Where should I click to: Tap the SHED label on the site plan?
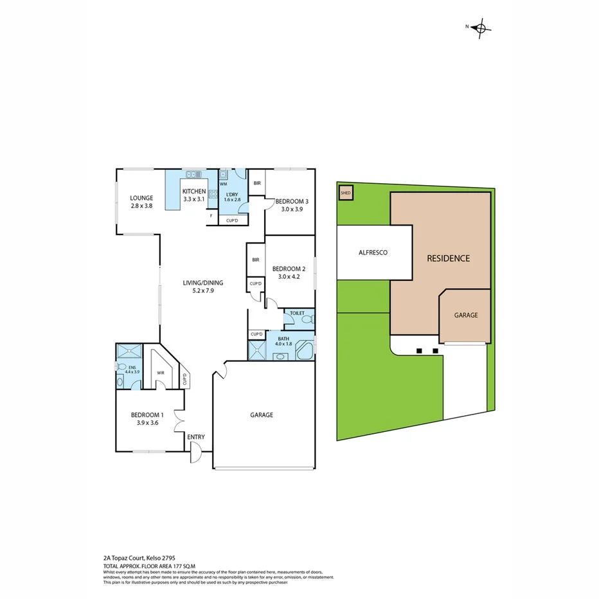345,192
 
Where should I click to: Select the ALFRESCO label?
373,253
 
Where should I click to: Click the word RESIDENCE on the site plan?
449,258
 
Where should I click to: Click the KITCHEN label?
194,192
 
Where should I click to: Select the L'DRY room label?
231,193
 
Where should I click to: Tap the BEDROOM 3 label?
292,201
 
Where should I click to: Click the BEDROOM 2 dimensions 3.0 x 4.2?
289,276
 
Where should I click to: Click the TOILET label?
297,313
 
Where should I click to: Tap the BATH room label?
283,338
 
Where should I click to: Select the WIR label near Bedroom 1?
161,372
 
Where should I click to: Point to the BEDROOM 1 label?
147,415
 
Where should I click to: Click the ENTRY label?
196,437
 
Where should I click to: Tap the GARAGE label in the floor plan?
262,415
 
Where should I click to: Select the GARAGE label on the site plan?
466,315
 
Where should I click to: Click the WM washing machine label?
224,184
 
